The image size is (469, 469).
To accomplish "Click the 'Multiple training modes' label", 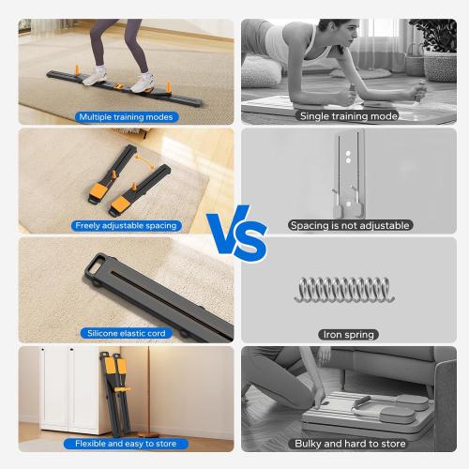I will [x=126, y=116].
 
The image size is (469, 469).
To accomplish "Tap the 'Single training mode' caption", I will [x=348, y=116].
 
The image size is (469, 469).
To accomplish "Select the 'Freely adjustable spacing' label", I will [x=126, y=225].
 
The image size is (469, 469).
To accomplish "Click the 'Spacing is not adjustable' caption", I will [x=348, y=225].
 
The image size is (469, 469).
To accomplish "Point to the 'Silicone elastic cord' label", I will [x=126, y=333].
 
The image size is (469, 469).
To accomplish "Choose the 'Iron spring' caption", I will [x=348, y=334].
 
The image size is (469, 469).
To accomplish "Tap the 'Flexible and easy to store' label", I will [x=126, y=443].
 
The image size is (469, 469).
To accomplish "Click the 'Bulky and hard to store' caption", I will [x=348, y=443].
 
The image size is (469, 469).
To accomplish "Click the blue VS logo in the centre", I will [x=235, y=234].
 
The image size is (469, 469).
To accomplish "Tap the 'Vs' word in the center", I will [x=235, y=234].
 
